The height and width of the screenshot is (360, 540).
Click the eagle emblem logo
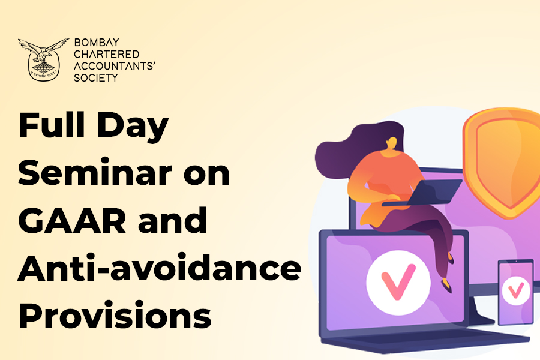point(43,59)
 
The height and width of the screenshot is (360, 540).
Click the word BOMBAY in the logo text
point(97,43)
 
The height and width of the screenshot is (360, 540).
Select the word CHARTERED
point(107,54)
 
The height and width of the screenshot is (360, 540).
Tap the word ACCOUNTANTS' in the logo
point(115,66)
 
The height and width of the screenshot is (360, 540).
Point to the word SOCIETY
point(96,78)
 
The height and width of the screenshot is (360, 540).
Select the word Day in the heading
point(133,127)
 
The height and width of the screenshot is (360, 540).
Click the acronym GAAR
point(72,220)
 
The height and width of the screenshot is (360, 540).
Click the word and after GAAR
point(173,220)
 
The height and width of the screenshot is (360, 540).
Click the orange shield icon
point(502,163)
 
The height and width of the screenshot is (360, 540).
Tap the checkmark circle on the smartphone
point(516,291)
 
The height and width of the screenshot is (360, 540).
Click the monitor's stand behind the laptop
point(481,310)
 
